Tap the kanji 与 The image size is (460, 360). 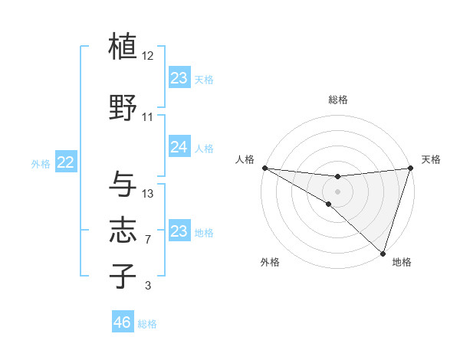click(123, 184)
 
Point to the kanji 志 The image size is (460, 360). click(123, 231)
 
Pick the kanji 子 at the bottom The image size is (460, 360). click(123, 276)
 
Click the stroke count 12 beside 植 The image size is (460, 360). click(148, 56)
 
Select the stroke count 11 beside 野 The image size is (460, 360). click(148, 117)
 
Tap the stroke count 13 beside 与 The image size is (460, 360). click(148, 193)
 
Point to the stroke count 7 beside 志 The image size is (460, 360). click(148, 240)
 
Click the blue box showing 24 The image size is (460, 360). click(179, 147)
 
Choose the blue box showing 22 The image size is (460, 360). click(66, 162)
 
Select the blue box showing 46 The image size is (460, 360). click(123, 322)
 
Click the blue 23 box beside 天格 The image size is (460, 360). click(179, 78)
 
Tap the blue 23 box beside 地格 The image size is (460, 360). click(179, 231)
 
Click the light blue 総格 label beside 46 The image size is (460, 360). click(147, 324)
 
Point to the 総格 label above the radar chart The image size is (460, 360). click(337, 100)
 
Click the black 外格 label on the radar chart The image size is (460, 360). click(270, 262)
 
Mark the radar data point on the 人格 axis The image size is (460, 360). click(264, 168)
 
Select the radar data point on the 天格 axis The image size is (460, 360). click(410, 168)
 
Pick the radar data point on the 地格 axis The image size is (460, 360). click(383, 253)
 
